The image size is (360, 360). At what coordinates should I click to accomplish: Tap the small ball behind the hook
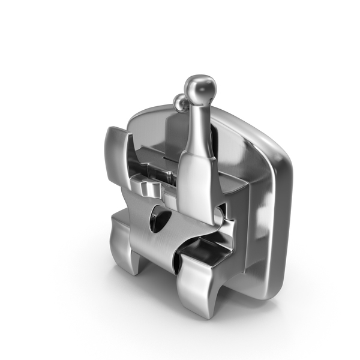[x=179, y=103]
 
